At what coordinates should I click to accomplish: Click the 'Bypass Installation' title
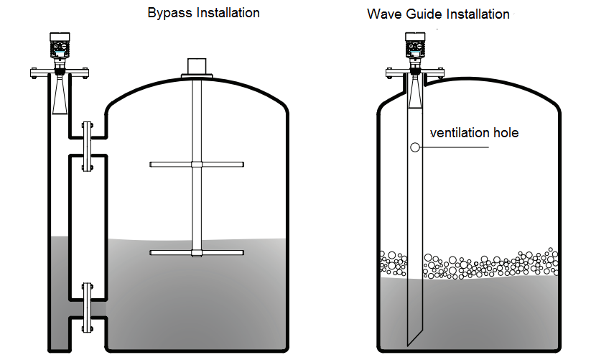[x=203, y=13]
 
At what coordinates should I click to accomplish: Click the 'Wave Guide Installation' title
[x=438, y=14]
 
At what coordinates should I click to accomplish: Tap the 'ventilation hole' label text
[x=473, y=133]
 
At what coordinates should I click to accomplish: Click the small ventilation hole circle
[x=415, y=147]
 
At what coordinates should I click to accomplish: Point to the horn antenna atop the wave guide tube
[x=415, y=93]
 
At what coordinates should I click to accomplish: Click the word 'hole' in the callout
[x=504, y=133]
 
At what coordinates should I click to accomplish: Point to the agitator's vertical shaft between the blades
[x=196, y=208]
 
